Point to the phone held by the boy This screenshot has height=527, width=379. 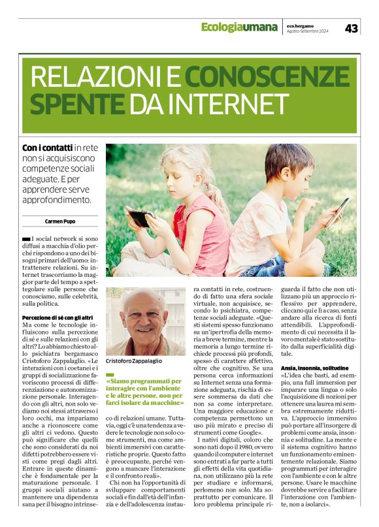click(x=338, y=211)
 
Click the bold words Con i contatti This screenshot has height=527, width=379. click(x=46, y=149)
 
